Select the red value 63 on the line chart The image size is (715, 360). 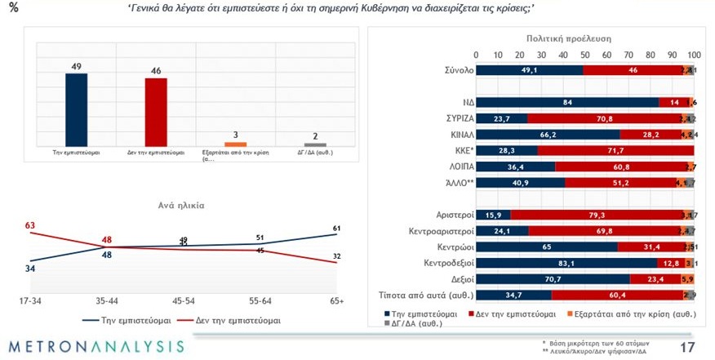click(30, 226)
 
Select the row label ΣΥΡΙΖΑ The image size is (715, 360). click(451, 118)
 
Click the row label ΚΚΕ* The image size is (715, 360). click(455, 150)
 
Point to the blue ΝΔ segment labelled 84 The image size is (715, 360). click(567, 103)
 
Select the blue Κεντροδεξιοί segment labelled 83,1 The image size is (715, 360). click(566, 263)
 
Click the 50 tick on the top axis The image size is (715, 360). click(584, 55)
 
